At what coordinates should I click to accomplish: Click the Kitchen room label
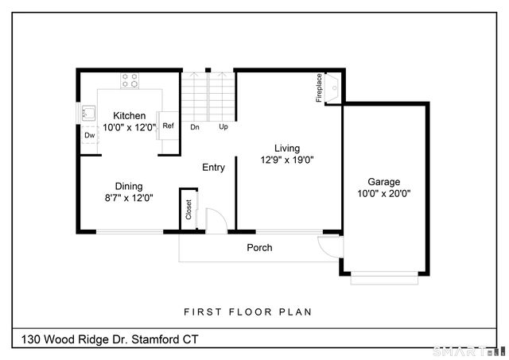point(129,116)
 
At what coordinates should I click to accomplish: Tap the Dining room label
point(129,187)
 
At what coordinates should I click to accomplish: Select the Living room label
point(288,148)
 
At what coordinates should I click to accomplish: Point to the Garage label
point(383,181)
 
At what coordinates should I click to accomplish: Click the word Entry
point(213,168)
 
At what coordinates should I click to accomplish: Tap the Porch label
point(259,248)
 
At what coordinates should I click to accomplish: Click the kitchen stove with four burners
point(130,79)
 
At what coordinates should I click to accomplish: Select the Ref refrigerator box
point(168,126)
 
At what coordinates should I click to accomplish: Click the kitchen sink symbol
point(86,114)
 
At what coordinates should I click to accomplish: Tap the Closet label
point(188,209)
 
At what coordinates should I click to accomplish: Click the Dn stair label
point(195,127)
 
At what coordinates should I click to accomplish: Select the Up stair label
point(223,127)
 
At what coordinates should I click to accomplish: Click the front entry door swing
point(216,220)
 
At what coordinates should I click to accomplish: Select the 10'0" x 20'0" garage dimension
point(383,193)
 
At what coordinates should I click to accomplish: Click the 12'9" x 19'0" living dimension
point(288,160)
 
